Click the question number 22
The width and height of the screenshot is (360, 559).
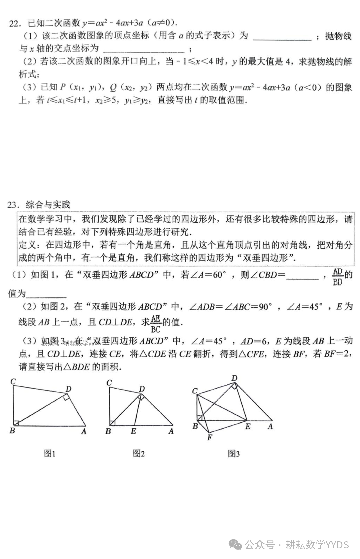pyautogui.click(x=14, y=24)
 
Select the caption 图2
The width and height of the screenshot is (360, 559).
pyautogui.click(x=138, y=453)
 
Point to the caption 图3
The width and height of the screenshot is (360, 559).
pyautogui.click(x=233, y=454)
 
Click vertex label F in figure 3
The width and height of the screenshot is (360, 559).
pyautogui.click(x=209, y=437)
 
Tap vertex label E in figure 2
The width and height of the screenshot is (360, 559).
pyautogui.click(x=133, y=431)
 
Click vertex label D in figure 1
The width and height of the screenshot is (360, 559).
pyautogui.click(x=68, y=389)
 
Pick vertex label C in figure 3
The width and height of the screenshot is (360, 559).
pyautogui.click(x=195, y=391)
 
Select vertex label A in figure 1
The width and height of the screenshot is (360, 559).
pyautogui.click(x=84, y=432)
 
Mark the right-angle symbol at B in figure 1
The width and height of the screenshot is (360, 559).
pyautogui.click(x=16, y=423)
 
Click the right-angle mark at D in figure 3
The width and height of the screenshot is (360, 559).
pyautogui.click(x=234, y=386)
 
